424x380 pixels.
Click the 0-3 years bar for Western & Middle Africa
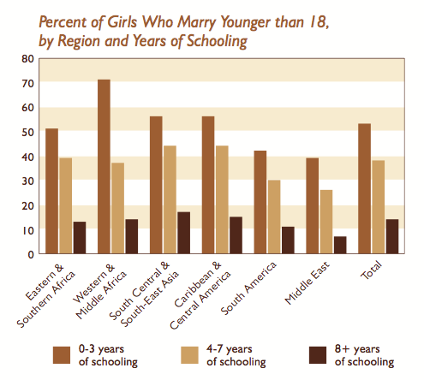(x=104, y=167)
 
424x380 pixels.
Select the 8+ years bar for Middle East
(x=340, y=245)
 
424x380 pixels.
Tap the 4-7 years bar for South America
(x=274, y=217)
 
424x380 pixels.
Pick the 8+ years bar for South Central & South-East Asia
(x=184, y=233)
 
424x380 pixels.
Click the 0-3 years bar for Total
(x=365, y=188)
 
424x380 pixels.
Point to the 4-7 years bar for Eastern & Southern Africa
(x=66, y=205)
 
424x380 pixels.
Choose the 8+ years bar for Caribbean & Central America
(x=236, y=235)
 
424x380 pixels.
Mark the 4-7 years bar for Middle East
(x=326, y=222)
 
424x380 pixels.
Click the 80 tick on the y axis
(x=28, y=59)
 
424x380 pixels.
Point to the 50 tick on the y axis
(x=28, y=133)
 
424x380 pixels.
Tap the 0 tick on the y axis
(x=31, y=254)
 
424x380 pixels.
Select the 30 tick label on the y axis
(x=28, y=181)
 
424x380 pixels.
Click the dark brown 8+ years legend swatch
(x=318, y=355)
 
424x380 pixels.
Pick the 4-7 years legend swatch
(x=189, y=355)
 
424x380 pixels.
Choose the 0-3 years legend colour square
(x=62, y=355)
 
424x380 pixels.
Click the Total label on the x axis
(x=371, y=270)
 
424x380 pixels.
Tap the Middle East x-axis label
(x=308, y=282)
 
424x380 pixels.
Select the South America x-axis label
(x=248, y=288)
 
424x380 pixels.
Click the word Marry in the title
(x=197, y=22)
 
